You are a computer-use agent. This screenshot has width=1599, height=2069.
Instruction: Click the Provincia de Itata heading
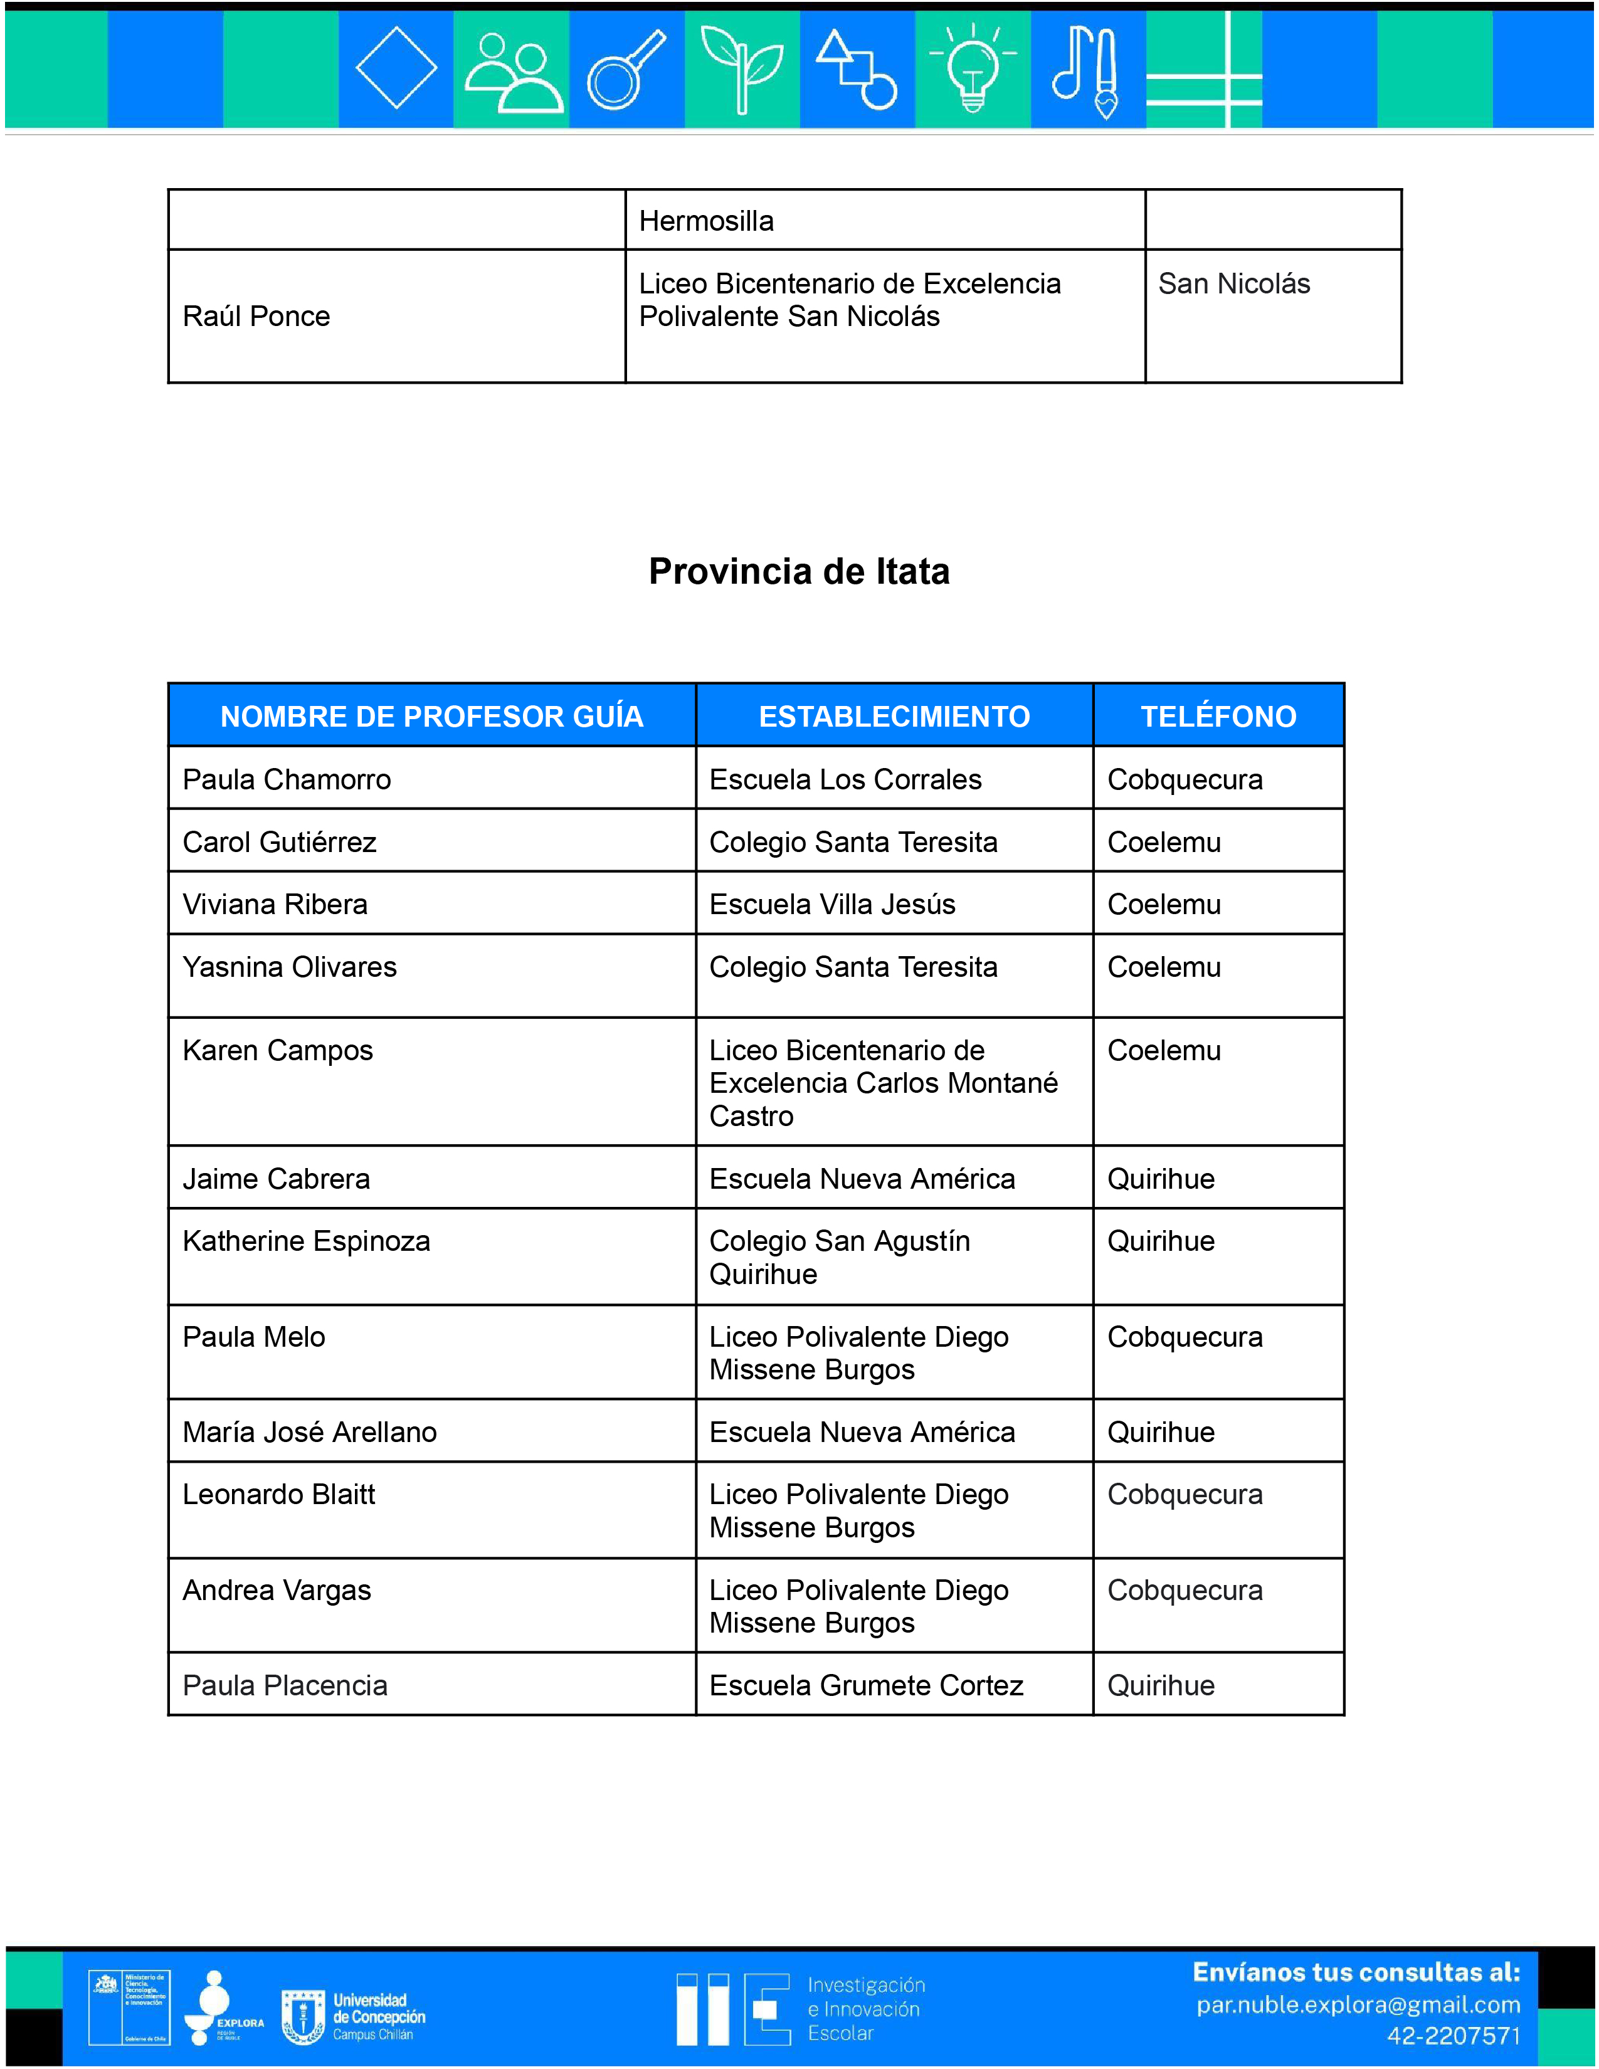coord(798,571)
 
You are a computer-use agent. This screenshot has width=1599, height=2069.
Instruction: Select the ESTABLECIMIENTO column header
coord(894,716)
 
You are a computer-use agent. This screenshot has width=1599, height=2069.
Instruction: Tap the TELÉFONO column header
coord(1218,716)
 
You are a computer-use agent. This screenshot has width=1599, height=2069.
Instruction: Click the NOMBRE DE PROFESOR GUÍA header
coord(432,716)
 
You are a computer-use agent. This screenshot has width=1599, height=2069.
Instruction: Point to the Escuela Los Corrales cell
coord(845,780)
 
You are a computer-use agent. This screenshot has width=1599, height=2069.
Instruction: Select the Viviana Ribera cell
coord(275,905)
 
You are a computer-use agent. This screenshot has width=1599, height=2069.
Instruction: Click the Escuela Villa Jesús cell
coord(831,905)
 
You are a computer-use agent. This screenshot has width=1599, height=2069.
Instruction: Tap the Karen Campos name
coord(278,1051)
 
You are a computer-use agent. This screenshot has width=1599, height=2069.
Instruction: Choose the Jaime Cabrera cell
coord(276,1179)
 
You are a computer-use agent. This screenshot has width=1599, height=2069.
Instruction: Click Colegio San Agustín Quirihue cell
coord(839,1257)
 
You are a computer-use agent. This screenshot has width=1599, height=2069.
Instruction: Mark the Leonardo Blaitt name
coord(278,1495)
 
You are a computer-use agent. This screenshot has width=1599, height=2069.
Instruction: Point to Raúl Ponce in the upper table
coord(256,317)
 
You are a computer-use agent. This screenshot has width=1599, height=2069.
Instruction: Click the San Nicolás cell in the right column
coord(1233,283)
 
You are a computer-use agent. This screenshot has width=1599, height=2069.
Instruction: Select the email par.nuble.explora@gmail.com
coord(1358,2006)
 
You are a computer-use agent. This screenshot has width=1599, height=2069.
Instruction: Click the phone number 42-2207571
coord(1453,2036)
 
